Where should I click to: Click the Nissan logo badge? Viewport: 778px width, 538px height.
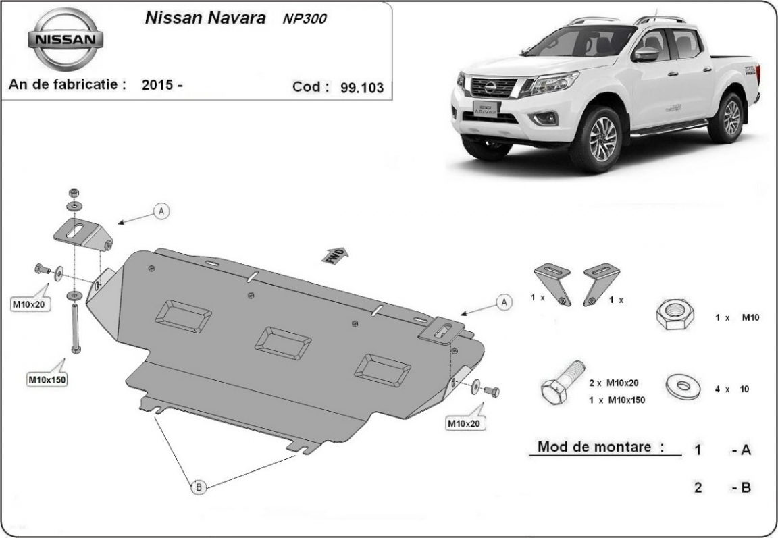(x=66, y=39)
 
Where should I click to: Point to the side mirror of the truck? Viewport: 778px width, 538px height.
(x=645, y=55)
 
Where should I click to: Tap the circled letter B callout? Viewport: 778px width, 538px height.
(x=198, y=486)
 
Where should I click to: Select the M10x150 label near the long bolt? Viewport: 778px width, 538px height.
(x=47, y=379)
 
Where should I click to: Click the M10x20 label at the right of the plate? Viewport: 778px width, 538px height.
(x=465, y=423)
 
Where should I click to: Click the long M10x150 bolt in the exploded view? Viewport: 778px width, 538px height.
(x=74, y=327)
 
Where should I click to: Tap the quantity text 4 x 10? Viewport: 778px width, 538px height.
(x=732, y=389)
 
